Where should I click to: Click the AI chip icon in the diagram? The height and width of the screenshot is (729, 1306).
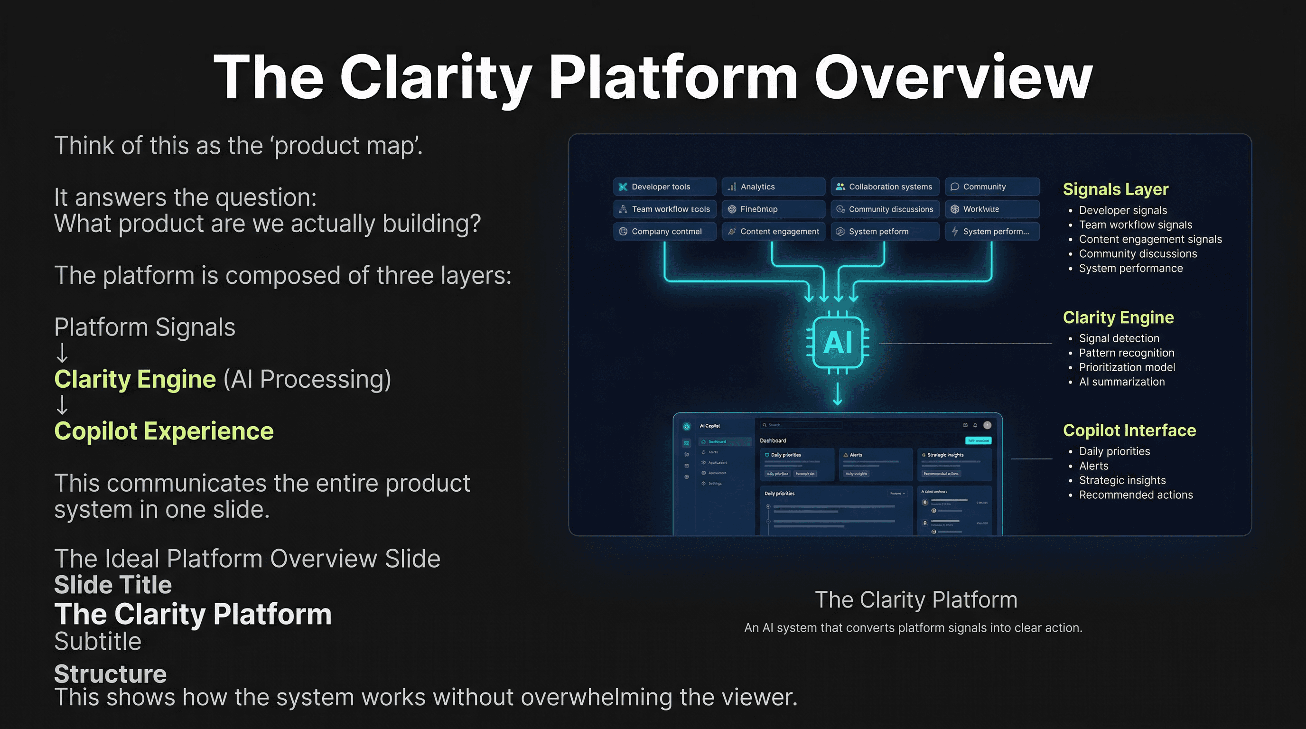coord(838,343)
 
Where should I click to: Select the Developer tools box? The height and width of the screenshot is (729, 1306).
coord(664,187)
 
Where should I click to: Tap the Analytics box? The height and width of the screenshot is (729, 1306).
coord(773,187)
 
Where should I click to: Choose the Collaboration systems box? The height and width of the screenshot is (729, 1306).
coord(885,187)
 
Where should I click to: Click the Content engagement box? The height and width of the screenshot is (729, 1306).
coord(773,231)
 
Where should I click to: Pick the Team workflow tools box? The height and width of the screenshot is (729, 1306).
coord(664,209)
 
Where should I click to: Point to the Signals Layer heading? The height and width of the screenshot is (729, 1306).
coord(1115,189)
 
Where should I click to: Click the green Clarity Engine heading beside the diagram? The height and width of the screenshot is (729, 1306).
coord(1118,318)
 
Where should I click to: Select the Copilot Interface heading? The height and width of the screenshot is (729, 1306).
coord(1129,430)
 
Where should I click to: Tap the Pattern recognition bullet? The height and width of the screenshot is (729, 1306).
coord(1126,353)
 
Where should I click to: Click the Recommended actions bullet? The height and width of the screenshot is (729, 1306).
coord(1136,495)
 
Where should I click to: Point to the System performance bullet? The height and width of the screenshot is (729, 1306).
coord(1130,268)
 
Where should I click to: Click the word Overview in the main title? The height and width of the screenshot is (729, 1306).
coord(953,77)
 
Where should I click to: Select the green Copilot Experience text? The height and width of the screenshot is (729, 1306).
coord(164,431)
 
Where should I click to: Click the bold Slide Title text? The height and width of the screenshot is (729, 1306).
coord(113,585)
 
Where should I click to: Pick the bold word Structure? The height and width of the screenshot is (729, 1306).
coord(111,674)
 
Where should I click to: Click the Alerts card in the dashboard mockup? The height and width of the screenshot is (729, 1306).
coord(875,464)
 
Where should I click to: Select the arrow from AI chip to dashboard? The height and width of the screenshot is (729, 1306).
coord(838,394)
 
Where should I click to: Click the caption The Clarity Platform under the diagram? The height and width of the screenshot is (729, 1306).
coord(915,600)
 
